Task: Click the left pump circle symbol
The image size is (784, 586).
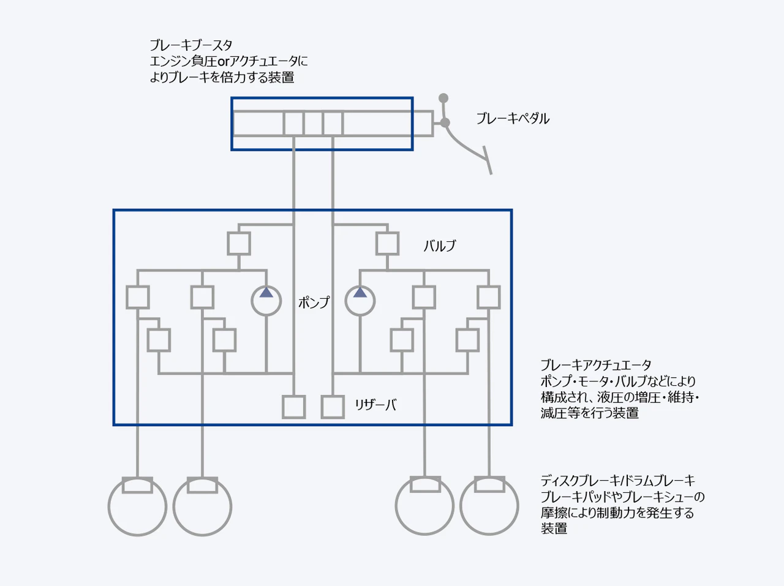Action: click(266, 301)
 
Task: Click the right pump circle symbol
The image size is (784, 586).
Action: click(360, 301)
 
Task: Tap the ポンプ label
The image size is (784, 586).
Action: click(314, 302)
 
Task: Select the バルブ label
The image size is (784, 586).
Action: click(440, 246)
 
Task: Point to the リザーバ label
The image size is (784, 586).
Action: click(375, 405)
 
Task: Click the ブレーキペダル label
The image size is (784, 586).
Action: click(513, 119)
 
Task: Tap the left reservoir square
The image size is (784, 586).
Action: click(294, 407)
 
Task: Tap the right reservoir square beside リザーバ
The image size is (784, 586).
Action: click(333, 407)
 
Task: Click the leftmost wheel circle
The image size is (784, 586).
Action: click(138, 507)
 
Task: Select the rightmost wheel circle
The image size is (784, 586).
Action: click(489, 507)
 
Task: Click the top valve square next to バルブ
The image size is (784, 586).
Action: click(387, 243)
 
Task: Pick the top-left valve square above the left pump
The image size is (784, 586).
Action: click(239, 243)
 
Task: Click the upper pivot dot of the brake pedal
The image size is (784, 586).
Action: click(443, 98)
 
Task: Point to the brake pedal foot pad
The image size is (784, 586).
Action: click(488, 160)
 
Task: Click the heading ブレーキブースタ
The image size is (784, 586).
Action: click(191, 45)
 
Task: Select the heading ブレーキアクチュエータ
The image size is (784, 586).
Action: click(596, 366)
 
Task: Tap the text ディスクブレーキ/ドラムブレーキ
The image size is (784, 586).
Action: click(617, 481)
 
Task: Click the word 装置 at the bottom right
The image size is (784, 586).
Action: click(554, 528)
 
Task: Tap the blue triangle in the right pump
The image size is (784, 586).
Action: click(360, 293)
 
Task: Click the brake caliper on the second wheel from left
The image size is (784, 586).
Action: click(202, 485)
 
